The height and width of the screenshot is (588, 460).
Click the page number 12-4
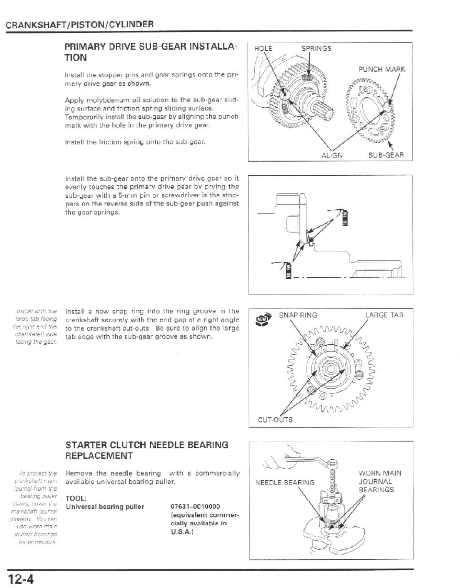[20, 579]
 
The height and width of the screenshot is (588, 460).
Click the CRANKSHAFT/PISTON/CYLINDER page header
[80, 25]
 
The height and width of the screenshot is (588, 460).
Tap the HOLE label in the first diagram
[263, 49]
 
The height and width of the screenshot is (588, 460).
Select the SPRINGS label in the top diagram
[316, 49]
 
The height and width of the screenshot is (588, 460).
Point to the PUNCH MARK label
[382, 69]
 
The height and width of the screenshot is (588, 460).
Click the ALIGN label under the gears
[332, 155]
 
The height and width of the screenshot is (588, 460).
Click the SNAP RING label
[298, 314]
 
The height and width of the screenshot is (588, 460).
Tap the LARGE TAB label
[384, 314]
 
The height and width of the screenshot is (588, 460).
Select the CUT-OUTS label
[275, 420]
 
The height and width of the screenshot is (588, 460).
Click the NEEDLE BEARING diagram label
[285, 482]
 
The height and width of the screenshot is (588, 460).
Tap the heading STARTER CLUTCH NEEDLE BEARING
[147, 445]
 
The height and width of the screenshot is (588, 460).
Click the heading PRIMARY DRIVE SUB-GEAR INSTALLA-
[151, 48]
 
